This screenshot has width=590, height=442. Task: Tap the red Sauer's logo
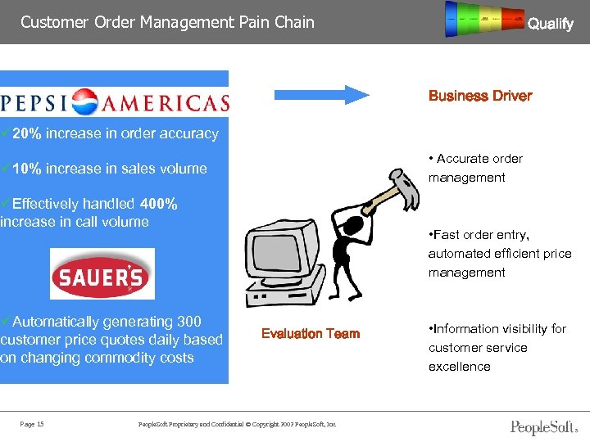point(101,274)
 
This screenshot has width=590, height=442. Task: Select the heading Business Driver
point(479,96)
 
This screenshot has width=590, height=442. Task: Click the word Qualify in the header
point(550,24)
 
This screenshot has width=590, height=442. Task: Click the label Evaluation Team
point(310,333)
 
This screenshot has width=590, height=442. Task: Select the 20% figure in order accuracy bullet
point(28,133)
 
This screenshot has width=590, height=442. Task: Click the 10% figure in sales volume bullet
point(28,169)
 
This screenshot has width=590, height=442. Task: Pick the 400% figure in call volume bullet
point(159,204)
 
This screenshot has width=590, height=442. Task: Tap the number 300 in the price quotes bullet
point(188,322)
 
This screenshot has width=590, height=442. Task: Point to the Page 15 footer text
point(32,423)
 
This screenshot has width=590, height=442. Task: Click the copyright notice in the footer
point(238,423)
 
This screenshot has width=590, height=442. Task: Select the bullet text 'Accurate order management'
point(475,168)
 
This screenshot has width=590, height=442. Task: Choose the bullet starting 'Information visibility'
point(497,348)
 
